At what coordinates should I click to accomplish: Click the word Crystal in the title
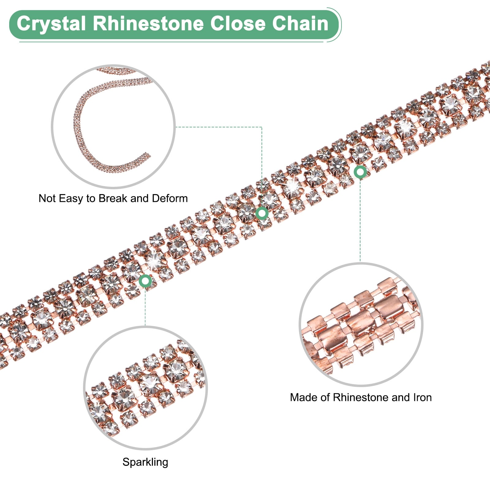51,24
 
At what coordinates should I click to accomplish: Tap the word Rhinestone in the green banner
148,24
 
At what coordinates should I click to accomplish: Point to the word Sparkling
145,462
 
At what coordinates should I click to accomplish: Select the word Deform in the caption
170,198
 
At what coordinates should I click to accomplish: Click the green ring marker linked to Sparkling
145,281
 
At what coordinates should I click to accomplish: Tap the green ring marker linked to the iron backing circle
360,172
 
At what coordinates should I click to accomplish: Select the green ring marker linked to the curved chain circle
262,213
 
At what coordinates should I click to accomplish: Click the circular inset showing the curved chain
113,126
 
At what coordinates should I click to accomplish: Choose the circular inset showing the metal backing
361,325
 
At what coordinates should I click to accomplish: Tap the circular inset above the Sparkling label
145,388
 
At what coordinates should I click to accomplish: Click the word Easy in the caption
71,198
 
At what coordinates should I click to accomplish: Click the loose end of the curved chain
149,155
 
